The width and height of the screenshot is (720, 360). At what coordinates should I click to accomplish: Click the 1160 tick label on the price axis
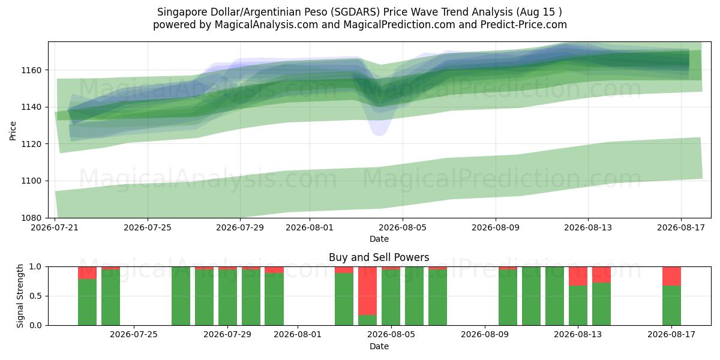click(31, 70)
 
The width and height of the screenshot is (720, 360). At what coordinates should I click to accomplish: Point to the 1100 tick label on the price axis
click(31, 181)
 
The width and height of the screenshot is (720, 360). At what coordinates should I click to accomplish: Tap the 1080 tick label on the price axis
click(31, 218)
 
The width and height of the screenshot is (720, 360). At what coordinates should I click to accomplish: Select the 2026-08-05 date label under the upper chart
click(403, 227)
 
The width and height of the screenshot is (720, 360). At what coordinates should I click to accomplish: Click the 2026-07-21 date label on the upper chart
click(55, 227)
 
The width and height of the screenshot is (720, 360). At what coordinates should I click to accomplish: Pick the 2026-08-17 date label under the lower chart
click(671, 335)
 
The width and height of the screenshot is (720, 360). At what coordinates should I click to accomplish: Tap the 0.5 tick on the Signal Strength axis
click(35, 296)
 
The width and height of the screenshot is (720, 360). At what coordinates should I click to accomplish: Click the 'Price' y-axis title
click(13, 131)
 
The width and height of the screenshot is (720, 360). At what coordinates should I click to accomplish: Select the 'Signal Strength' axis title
click(20, 296)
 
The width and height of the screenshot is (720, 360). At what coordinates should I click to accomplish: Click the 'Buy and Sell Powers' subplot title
click(379, 257)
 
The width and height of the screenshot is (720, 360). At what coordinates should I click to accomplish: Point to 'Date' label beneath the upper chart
click(379, 239)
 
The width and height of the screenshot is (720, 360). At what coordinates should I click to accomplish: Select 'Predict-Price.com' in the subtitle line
click(524, 25)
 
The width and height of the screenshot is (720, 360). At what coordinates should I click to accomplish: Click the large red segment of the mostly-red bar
click(368, 291)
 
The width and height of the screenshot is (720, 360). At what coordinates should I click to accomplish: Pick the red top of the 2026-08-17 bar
click(672, 276)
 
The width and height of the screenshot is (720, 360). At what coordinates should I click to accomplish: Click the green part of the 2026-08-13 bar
click(578, 305)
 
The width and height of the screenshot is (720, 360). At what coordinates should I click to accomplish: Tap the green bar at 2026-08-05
click(391, 298)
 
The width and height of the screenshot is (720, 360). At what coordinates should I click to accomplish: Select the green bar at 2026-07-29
click(227, 298)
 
